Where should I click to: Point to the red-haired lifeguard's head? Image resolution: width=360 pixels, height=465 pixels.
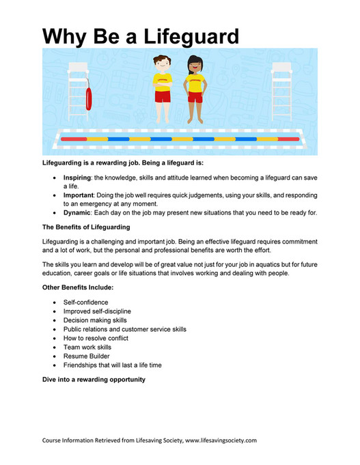(161, 66)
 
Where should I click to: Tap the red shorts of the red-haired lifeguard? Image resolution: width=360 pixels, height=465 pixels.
(162, 96)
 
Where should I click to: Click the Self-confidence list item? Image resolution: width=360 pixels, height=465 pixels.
(85, 302)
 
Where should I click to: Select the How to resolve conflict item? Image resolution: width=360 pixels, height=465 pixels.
(96, 338)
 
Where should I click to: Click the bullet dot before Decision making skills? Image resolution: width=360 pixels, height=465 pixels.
(54, 320)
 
